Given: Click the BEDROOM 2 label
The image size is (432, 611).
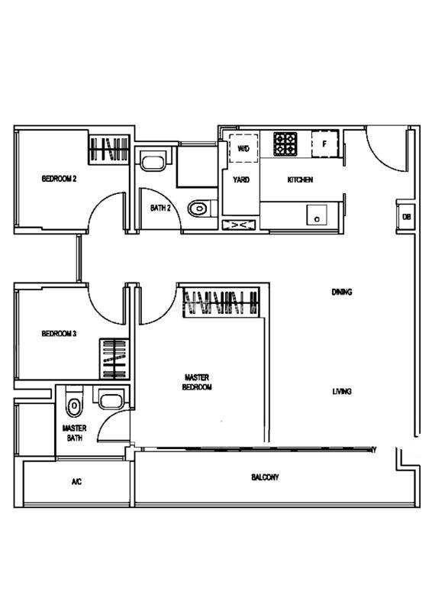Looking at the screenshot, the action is pos(59,179).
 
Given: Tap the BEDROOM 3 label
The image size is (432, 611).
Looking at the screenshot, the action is pos(59,334).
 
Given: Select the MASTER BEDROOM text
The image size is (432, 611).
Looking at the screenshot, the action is pos(197,383).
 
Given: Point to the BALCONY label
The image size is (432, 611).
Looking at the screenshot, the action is pos(265,477).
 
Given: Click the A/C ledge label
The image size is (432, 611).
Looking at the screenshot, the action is pos(77,482).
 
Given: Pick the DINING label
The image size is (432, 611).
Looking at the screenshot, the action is pos(342,292).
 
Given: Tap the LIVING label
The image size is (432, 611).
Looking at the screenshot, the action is pos(342,391).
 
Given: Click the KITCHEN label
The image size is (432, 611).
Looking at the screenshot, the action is pos(300,179).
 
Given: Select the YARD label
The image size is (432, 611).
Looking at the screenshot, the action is pos(241,179).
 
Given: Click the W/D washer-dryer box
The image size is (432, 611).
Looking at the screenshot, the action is pos(243,148).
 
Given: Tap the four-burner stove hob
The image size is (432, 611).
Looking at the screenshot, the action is pos(285,144).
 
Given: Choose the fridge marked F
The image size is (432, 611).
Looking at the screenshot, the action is pos(324,144).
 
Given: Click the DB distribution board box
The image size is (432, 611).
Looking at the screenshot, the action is pos(406,217).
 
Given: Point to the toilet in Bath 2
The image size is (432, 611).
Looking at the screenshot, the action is pos(199,209).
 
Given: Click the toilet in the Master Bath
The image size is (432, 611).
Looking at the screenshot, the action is pos(74,405).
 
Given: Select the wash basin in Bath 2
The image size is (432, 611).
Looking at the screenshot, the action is pos(153,161).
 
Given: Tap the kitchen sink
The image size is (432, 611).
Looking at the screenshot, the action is pos(317,215).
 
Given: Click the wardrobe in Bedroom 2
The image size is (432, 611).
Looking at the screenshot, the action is pos(109,149).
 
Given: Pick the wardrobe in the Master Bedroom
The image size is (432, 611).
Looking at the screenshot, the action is pos(221,301).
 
